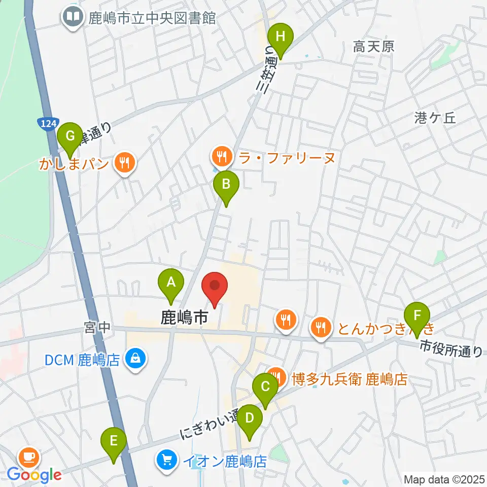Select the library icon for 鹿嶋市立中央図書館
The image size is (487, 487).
coord(73,18)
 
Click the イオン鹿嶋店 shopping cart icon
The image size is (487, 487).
coord(166,461)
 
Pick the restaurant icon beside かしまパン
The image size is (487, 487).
coord(124,163)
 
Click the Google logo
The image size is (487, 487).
coord(34,475)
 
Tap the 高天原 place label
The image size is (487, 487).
coord(374,47)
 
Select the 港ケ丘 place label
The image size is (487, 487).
coord(435,118)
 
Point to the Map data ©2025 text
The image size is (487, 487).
coord(444,479)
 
